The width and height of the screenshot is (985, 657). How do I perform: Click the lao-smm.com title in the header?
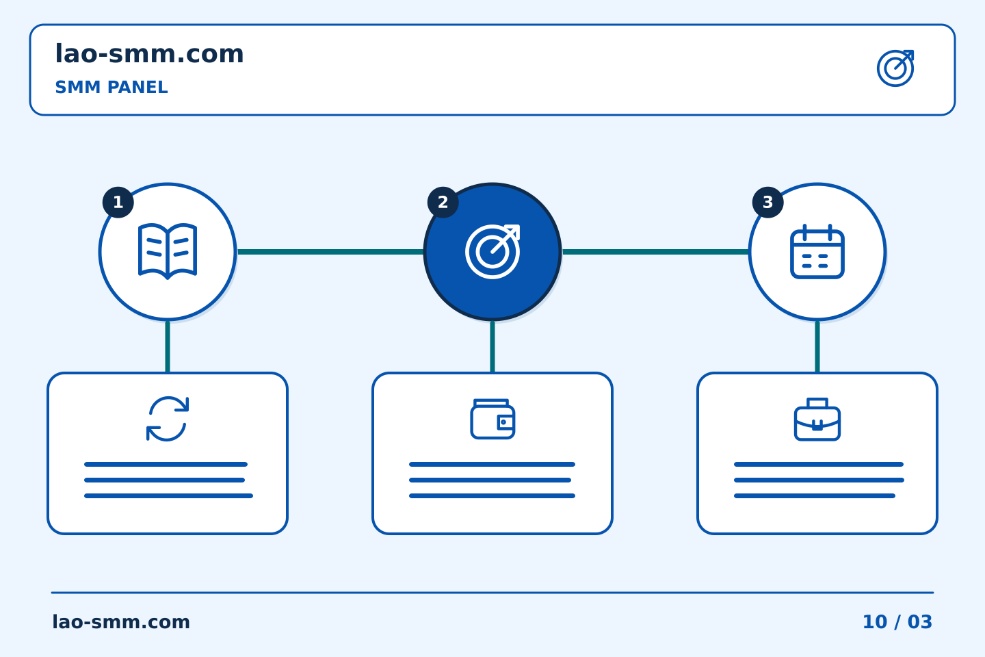tap(149, 53)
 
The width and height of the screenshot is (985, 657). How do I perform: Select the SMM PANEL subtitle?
tap(111, 87)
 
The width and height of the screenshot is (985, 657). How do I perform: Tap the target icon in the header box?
tap(895, 68)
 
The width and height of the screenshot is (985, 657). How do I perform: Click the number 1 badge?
tap(118, 203)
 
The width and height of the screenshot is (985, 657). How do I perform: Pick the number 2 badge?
tap(443, 203)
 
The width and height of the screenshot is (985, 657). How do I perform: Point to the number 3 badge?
tap(767, 203)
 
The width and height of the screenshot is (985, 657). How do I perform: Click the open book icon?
tap(168, 251)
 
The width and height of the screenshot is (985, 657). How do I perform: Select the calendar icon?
tap(817, 251)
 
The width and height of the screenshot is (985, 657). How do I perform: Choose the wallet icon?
tap(492, 418)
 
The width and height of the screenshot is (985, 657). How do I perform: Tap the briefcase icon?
tap(817, 419)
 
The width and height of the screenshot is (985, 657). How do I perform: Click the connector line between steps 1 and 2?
tap(330, 252)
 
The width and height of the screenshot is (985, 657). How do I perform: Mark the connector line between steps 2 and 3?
tap(655, 252)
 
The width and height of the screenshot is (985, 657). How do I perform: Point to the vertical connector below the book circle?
tap(168, 347)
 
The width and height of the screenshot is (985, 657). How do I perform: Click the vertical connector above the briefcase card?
tap(817, 347)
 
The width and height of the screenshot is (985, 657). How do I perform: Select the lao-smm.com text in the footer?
tap(121, 622)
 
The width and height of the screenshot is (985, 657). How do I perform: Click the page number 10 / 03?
tap(897, 622)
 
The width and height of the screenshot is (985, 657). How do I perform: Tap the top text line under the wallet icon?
tap(492, 464)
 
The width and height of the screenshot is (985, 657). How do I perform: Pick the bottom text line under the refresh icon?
tap(168, 496)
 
